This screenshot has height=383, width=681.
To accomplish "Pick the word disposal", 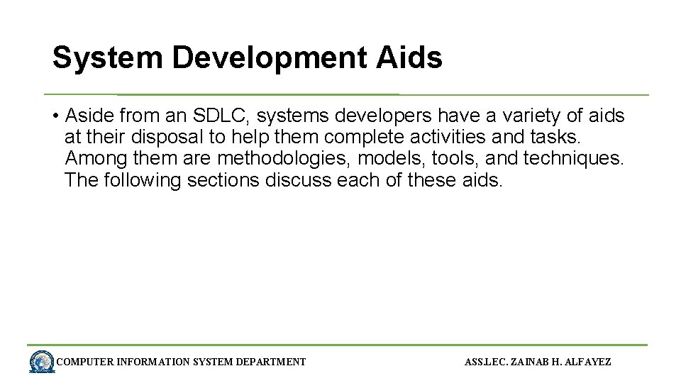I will pos(174,137).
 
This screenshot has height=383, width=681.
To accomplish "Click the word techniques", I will pos(573,159).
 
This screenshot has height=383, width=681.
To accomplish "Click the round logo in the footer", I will pos(42,362).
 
